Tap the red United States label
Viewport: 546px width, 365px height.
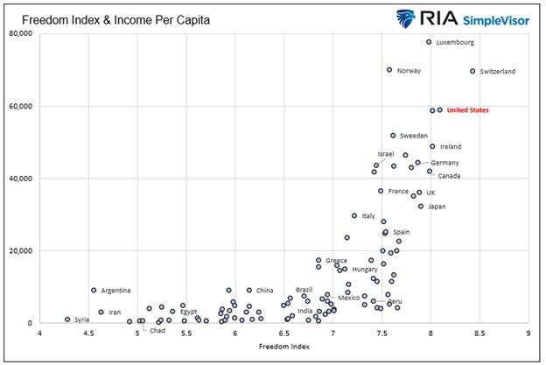point(467,110)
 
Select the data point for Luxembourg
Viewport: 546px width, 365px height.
point(429,42)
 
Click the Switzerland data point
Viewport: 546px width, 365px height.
point(472,71)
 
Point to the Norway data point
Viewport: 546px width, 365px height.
point(389,70)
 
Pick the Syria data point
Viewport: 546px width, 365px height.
point(67,319)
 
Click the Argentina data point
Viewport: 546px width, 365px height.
point(94,290)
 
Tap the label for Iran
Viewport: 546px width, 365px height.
point(115,312)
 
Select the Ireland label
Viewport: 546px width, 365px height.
point(451,147)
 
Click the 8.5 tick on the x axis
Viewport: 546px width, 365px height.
point(479,333)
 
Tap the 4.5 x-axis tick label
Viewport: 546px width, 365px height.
point(87,333)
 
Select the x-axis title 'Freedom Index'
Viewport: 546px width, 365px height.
point(283,347)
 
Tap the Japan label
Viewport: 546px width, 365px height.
point(437,207)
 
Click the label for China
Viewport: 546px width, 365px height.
point(264,291)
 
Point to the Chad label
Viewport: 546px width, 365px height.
point(157,331)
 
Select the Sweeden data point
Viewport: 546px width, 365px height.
point(393,136)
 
